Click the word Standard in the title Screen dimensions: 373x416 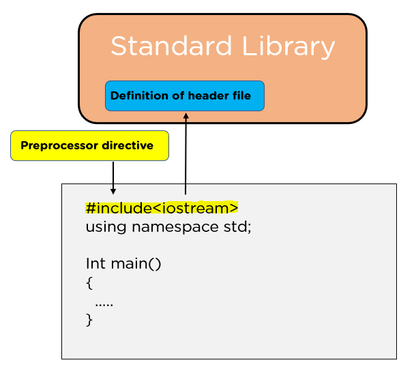162,46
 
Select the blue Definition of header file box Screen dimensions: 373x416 184,96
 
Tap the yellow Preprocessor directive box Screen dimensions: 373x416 89,145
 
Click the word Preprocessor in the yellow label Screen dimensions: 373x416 60,146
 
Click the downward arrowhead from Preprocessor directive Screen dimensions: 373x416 113,191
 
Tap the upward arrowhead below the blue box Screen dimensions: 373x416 185,116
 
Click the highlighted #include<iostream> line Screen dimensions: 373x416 162,208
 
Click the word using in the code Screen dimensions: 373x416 103,226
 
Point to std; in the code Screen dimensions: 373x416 238,226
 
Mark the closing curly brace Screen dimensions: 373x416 89,319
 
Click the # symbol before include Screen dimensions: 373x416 90,208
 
